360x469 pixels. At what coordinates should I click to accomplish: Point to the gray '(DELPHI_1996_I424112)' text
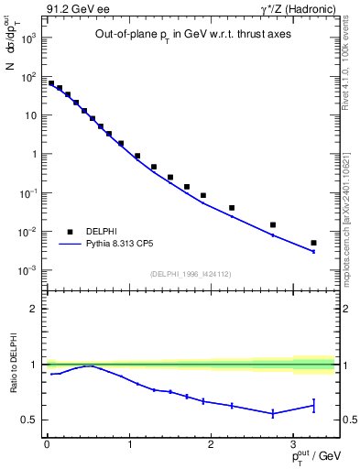pos(189,273)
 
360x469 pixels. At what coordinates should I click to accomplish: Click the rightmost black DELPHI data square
pos(313,243)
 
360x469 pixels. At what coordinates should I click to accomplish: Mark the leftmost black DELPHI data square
pos(51,83)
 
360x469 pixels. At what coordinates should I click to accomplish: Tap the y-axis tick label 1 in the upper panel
pos(33,154)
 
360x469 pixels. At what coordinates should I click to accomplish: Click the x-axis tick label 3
pos(292,443)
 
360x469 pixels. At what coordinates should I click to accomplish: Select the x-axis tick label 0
pos(47,443)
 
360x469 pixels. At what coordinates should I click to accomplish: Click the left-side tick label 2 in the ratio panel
pos(34,309)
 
